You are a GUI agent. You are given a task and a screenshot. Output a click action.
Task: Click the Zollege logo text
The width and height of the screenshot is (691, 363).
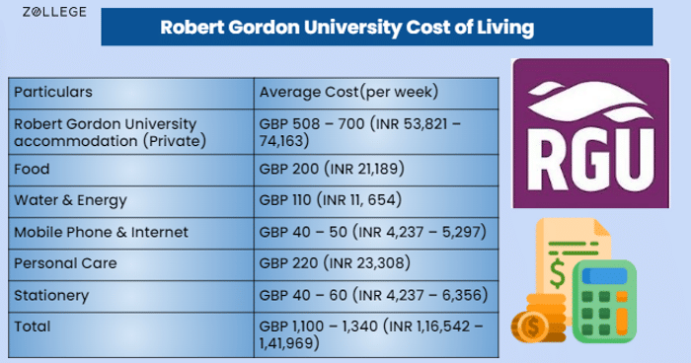tap(54, 12)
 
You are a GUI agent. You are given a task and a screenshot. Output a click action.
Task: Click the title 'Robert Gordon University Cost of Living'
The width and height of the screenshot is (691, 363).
tap(346, 27)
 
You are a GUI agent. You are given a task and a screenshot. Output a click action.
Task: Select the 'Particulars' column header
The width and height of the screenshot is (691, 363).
tap(53, 92)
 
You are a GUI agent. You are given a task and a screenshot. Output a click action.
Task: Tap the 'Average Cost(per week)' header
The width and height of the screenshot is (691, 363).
tap(348, 92)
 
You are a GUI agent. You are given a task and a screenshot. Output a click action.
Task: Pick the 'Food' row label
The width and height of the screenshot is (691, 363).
tap(32, 169)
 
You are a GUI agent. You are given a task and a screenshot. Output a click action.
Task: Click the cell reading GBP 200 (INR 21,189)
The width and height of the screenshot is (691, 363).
tap(332, 169)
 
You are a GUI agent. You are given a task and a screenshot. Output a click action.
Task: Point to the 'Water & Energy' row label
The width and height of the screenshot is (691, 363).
tap(70, 200)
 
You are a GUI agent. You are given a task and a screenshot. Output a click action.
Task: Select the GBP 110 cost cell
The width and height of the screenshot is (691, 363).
tap(330, 200)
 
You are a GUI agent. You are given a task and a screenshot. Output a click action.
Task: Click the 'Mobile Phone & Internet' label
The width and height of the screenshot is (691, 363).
tap(101, 232)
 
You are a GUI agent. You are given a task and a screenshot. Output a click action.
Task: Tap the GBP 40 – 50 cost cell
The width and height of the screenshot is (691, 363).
tap(372, 232)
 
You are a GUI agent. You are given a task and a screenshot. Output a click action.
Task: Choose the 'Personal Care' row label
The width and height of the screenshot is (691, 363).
tap(65, 263)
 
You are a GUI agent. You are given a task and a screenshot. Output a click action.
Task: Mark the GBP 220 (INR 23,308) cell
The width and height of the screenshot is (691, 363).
tap(335, 263)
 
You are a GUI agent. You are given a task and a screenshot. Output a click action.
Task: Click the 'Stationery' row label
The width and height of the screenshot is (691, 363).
tap(51, 295)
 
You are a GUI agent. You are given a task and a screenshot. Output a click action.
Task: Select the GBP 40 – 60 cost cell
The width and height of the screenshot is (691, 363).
tap(373, 295)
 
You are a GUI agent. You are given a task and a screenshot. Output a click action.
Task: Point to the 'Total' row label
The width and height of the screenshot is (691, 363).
tap(33, 327)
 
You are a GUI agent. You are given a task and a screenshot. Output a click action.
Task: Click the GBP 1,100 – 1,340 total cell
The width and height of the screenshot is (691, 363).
tap(371, 334)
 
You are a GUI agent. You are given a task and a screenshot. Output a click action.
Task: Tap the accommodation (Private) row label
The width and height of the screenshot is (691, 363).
tap(110, 132)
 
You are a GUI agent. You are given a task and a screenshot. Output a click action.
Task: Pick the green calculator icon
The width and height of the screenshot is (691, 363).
tap(604, 302)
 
